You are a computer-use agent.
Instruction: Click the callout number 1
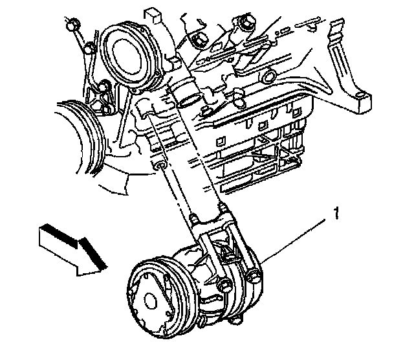pyautogui.click(x=336, y=213)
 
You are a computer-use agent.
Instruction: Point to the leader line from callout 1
pyautogui.click(x=293, y=240)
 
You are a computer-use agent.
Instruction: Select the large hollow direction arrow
pyautogui.click(x=73, y=250)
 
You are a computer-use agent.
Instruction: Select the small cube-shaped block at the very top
pyautogui.click(x=153, y=16)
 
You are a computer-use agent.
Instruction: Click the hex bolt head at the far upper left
pyautogui.click(x=72, y=25)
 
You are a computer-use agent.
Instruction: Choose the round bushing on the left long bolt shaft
pyautogui.click(x=160, y=166)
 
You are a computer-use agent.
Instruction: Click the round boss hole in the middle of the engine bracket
pyautogui.click(x=268, y=76)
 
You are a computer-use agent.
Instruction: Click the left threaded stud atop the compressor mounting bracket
pyautogui.click(x=193, y=219)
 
